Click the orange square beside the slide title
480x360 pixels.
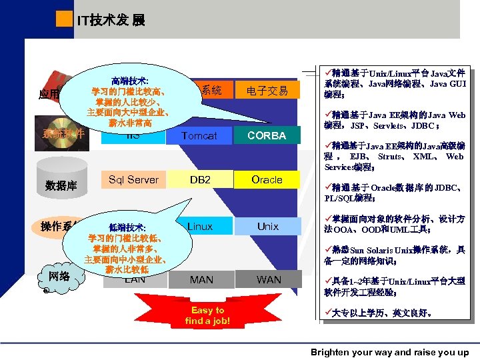(64, 19)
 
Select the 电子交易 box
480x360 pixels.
(267, 91)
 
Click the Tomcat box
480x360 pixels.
(199, 135)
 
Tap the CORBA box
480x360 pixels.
(267, 135)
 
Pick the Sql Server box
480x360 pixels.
(133, 179)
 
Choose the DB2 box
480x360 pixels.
(200, 179)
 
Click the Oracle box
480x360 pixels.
(267, 179)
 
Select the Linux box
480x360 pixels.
(200, 227)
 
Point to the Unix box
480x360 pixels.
(267, 227)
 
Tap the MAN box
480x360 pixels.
(201, 279)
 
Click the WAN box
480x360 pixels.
(269, 279)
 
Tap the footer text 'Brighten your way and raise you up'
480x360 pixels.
(389, 352)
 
